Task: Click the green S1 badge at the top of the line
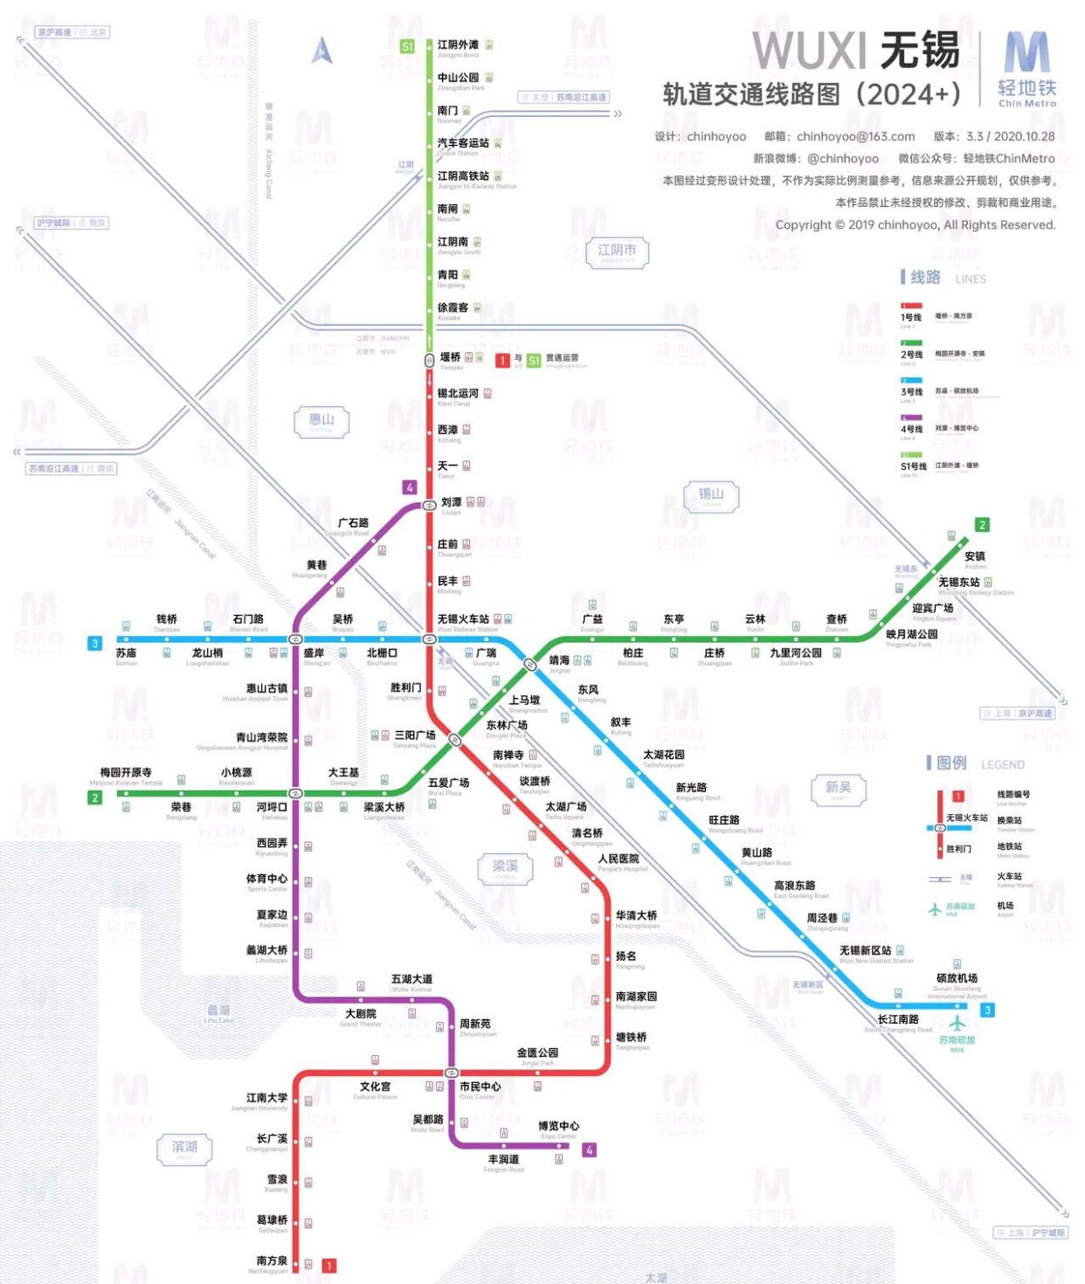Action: tap(407, 46)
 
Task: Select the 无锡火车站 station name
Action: tap(463, 620)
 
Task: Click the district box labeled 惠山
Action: tap(321, 421)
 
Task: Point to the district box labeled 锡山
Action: tap(711, 495)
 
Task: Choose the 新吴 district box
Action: tap(839, 789)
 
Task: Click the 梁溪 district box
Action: tap(505, 867)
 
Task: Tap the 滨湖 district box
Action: tap(184, 1148)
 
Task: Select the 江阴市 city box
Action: tap(617, 252)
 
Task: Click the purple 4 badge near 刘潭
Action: tap(410, 487)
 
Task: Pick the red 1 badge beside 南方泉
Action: tap(329, 1265)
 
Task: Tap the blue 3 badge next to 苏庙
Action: tap(95, 644)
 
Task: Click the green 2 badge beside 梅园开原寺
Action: tap(95, 797)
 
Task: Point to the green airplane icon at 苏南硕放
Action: tap(958, 1022)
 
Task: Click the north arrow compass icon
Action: tap(322, 51)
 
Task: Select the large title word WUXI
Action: tap(809, 51)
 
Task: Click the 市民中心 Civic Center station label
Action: tap(480, 1087)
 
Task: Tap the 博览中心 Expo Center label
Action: tap(558, 1127)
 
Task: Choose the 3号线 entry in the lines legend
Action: tap(912, 392)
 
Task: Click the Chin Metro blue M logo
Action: tap(1026, 54)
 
